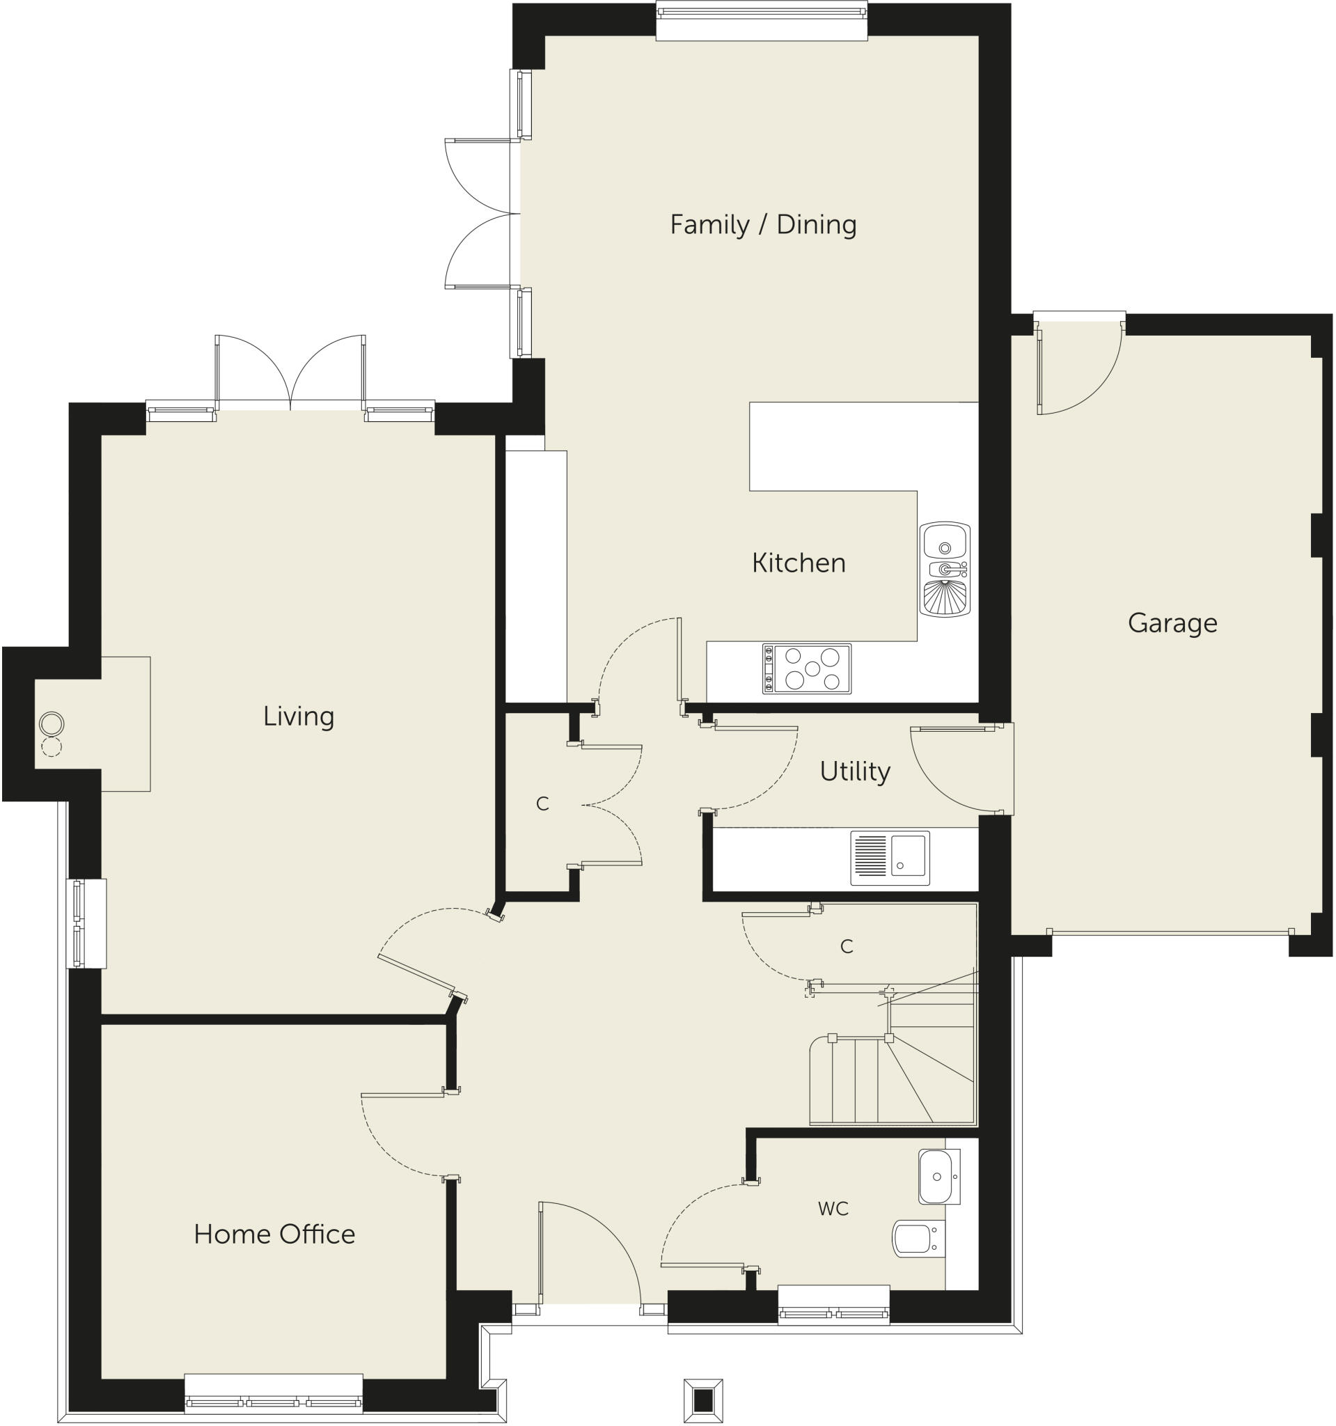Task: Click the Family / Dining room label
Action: coord(763,224)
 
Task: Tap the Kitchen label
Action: coord(798,563)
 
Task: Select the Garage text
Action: coord(1172,622)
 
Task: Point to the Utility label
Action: coord(855,771)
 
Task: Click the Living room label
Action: coord(299,716)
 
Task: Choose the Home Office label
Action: coord(274,1234)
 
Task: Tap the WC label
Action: coord(833,1209)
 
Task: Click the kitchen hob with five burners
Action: coord(807,668)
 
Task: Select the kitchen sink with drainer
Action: coord(945,569)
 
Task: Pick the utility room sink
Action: coord(890,858)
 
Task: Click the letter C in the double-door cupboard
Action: coord(542,804)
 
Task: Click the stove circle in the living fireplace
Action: coord(52,723)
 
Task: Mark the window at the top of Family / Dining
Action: coord(762,19)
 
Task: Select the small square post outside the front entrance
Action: coord(702,1400)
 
